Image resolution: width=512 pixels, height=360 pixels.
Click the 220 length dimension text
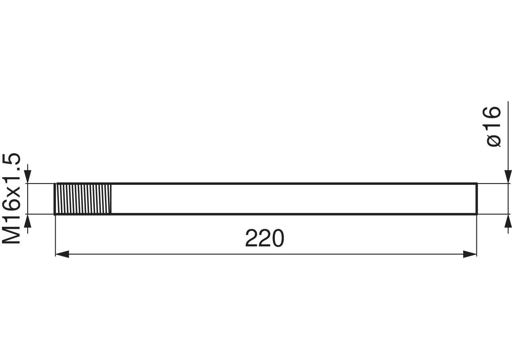tap(264, 238)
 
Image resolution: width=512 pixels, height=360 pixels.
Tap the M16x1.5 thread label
tap(12, 199)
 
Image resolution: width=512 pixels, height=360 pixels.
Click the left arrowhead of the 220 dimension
tap(62, 254)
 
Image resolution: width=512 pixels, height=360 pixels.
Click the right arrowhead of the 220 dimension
tap(470, 254)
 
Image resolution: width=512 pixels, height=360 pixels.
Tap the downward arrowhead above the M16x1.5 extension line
tap(28, 177)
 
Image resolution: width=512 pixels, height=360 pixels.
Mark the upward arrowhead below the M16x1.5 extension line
tap(28, 221)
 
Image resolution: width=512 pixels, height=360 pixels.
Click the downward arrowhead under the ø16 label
tap(508, 177)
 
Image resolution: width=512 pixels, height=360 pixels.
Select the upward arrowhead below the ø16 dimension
tap(508, 221)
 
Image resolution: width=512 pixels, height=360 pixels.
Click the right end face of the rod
tap(476, 199)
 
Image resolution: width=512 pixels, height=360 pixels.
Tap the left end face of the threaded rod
tap(55, 199)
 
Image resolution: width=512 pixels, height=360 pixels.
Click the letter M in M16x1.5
tap(12, 235)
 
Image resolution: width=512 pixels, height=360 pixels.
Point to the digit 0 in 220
tap(278, 238)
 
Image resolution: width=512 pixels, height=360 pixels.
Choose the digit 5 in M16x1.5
tap(12, 159)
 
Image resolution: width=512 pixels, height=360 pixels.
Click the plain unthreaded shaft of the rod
tap(294, 199)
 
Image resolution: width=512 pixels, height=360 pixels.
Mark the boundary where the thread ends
tap(111, 199)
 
